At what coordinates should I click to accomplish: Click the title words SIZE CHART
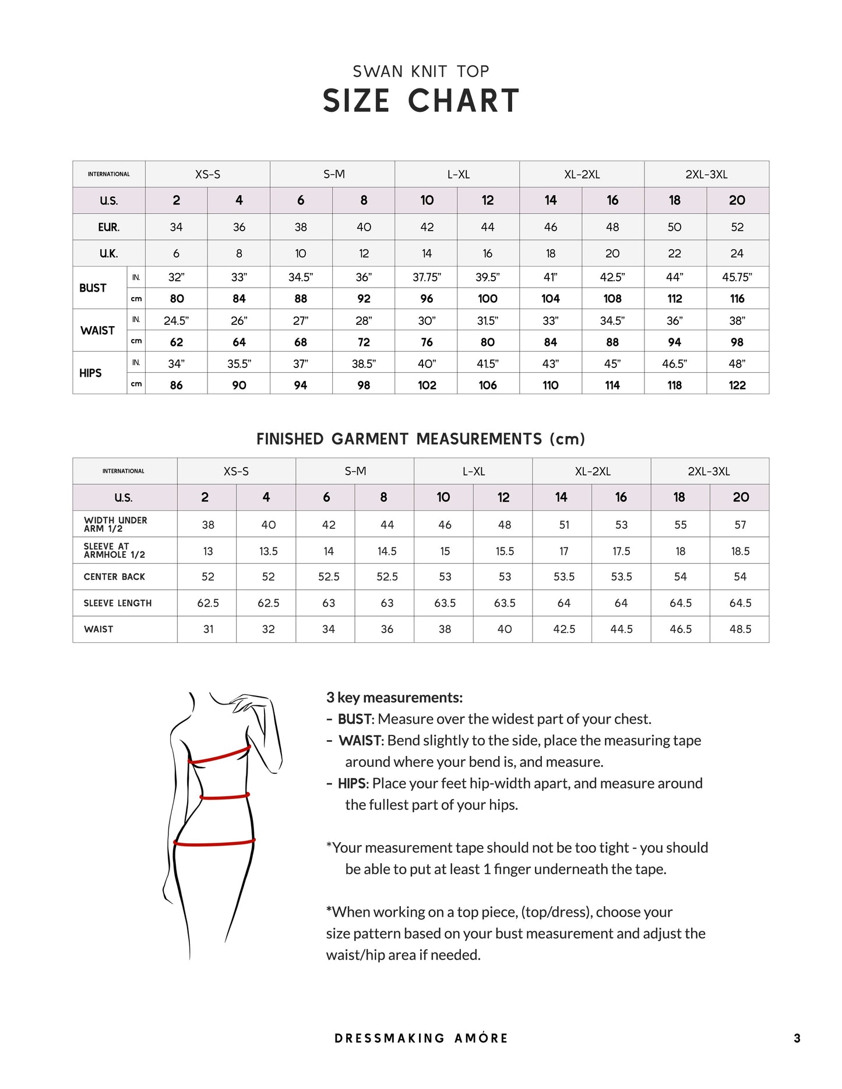pos(421,101)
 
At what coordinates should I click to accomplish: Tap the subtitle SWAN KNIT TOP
pos(421,72)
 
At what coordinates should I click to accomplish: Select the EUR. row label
pos(108,227)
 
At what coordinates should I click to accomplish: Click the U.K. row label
pos(108,253)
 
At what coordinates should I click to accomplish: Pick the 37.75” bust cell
pos(427,277)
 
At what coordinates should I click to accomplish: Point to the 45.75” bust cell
pos(737,277)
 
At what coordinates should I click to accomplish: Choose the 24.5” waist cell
pos(176,320)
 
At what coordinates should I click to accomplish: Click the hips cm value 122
pos(737,385)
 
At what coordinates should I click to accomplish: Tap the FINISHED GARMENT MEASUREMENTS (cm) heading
pos(421,439)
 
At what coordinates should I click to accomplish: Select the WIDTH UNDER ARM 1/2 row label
pos(115,524)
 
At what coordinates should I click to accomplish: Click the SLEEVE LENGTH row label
pos(118,603)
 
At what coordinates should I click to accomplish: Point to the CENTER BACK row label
pos(114,577)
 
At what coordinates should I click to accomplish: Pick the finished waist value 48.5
pos(740,629)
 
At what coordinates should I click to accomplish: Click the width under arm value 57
pos(740,525)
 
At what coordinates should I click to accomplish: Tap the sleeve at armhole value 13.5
pos(268,551)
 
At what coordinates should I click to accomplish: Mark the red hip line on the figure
pos(214,842)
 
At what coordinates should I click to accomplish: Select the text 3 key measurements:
pos(394,698)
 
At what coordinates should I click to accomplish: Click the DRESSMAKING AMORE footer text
pos(421,1038)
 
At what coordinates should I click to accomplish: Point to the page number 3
pos(797,1038)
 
